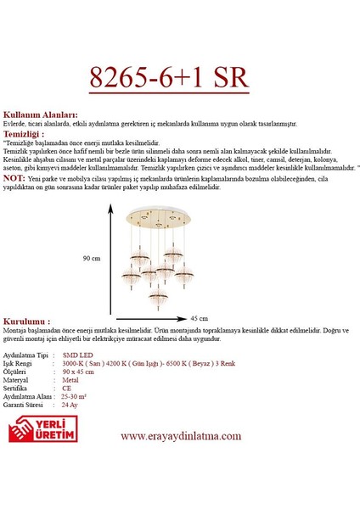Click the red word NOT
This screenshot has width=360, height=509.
point(14,178)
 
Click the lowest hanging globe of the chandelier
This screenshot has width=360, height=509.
point(157,296)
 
